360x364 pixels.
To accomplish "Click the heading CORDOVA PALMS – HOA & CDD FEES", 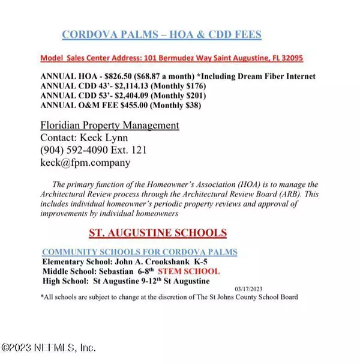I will [161, 35].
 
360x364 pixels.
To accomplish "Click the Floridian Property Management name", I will [109, 126].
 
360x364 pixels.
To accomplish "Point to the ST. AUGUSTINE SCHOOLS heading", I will [158, 232].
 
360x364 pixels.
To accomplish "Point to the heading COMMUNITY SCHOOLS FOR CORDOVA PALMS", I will [139, 251].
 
